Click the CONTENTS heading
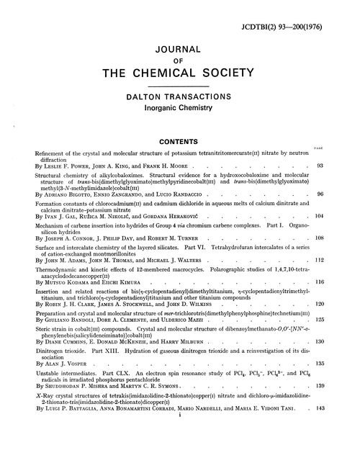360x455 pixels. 179,143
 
